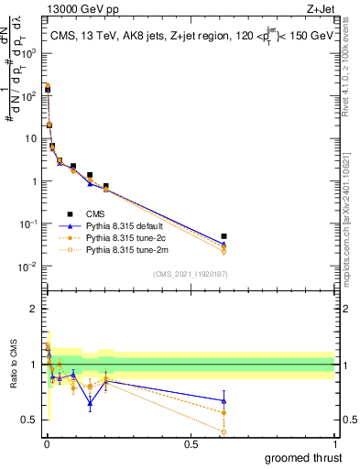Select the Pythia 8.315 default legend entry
click(x=137, y=225)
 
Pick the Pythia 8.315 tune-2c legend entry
click(x=137, y=237)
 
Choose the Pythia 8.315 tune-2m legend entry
click(x=137, y=249)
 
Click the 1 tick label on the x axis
click(x=334, y=444)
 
